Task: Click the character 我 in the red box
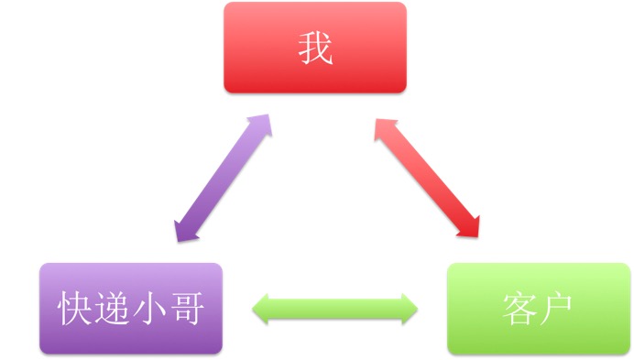314,49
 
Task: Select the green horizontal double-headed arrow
334,308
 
